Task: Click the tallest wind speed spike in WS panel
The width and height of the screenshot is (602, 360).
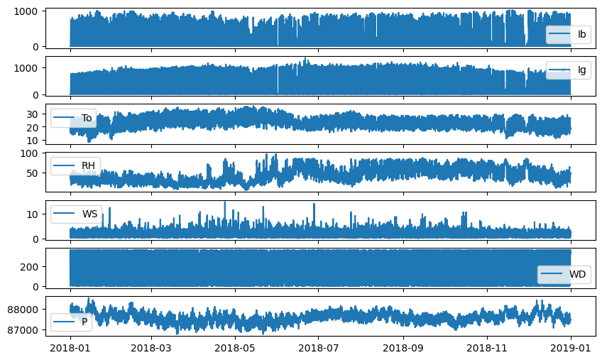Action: coord(225,202)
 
